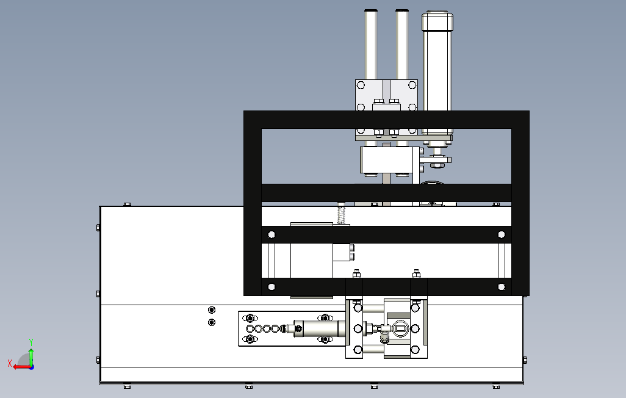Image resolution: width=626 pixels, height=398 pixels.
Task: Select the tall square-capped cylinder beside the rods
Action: pyautogui.click(x=437, y=67)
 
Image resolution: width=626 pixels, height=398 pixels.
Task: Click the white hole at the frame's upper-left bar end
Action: pyautogui.click(x=272, y=234)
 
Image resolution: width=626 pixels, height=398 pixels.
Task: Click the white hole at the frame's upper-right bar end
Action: pyautogui.click(x=502, y=234)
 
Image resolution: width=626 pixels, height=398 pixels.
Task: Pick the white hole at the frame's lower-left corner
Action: pyautogui.click(x=272, y=286)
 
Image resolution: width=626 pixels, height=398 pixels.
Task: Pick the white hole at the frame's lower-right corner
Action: pyautogui.click(x=502, y=286)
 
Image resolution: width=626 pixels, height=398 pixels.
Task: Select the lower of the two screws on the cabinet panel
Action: pyautogui.click(x=212, y=322)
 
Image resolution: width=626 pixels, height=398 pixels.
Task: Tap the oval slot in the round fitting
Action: pyautogui.click(x=400, y=328)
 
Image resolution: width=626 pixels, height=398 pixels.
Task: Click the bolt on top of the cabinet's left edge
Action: pyautogui.click(x=127, y=204)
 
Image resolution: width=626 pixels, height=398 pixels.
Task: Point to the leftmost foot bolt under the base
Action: pyautogui.click(x=127, y=386)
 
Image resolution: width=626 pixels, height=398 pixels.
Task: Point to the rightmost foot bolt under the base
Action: pyautogui.click(x=496, y=386)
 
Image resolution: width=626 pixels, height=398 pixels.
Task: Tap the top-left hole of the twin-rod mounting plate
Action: pyautogui.click(x=361, y=85)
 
